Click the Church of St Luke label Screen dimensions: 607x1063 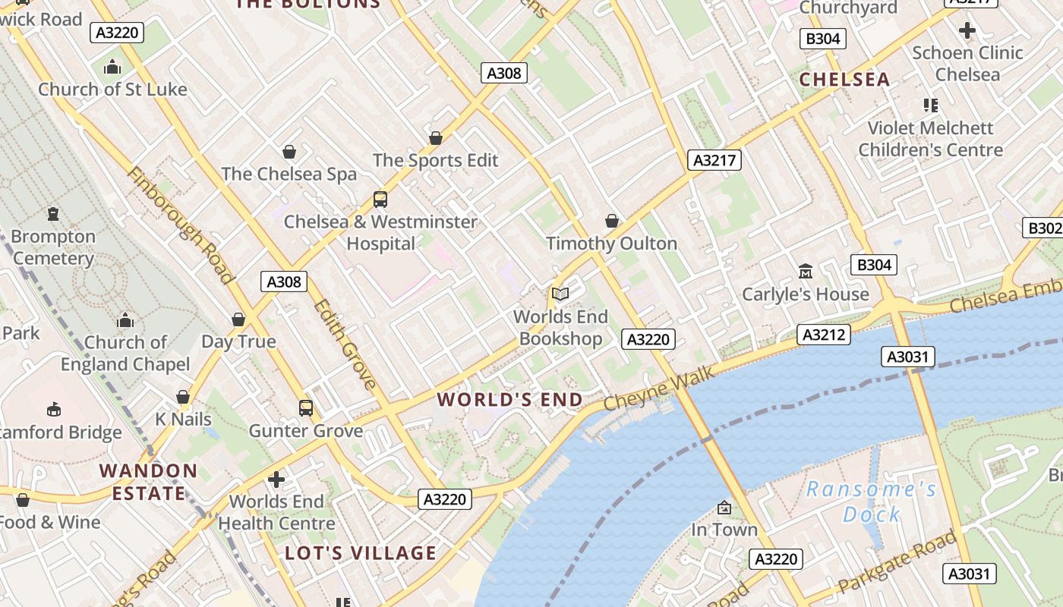click(112, 89)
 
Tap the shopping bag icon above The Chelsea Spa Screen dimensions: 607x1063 click(289, 152)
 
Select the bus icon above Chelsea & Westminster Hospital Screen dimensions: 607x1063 click(380, 200)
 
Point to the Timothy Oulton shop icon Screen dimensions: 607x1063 click(612, 221)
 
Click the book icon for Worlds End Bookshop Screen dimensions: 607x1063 click(560, 294)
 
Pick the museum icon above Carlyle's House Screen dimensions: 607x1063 click(805, 271)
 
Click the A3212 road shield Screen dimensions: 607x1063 click(824, 334)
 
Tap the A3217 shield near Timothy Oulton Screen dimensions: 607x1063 click(714, 159)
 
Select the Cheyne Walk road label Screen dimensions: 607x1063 click(659, 389)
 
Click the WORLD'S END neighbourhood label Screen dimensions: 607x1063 click(510, 399)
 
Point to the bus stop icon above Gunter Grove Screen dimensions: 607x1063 click(306, 408)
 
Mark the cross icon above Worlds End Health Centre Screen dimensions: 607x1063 click(276, 480)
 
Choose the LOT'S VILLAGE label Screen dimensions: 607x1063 click(361, 552)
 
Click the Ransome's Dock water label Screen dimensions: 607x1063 click(871, 502)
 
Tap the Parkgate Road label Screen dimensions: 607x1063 click(897, 564)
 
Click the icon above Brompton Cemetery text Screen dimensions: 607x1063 click(53, 214)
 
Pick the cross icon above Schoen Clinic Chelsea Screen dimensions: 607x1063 click(967, 31)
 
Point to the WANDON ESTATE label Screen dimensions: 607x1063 click(149, 482)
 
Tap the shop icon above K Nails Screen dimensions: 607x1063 click(183, 397)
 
